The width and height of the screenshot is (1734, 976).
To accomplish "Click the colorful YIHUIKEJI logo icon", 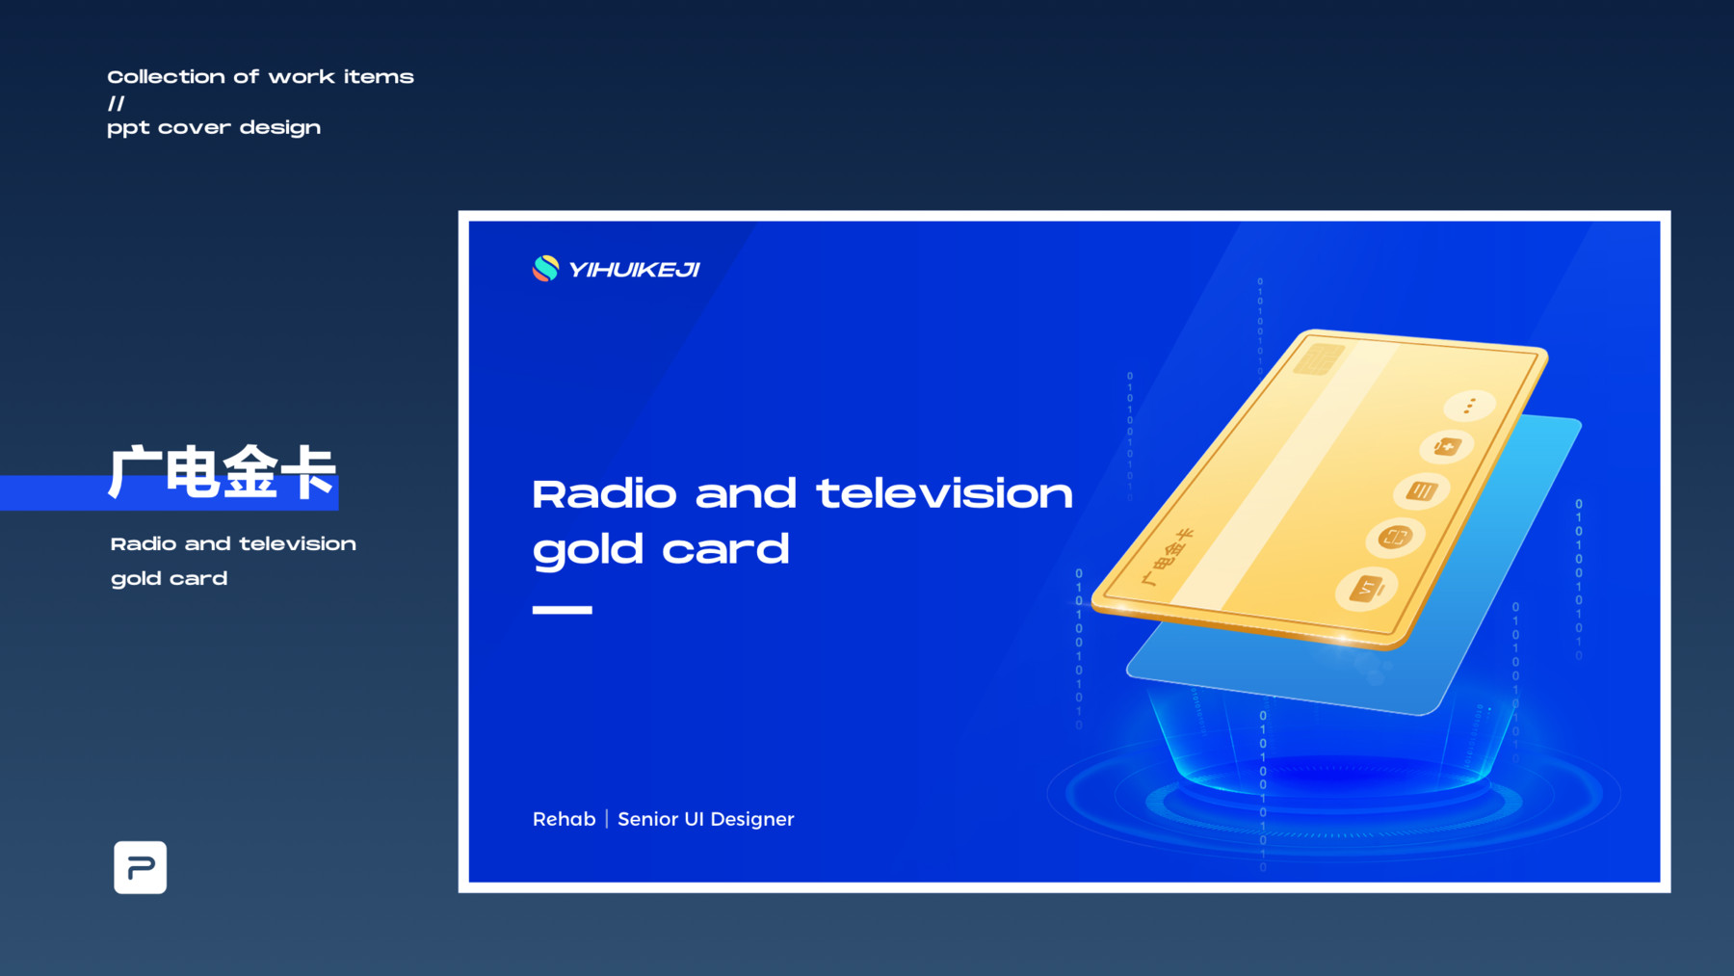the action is click(545, 269).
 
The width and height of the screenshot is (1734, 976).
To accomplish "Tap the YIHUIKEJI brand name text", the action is click(634, 270).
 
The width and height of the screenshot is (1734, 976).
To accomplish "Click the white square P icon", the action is click(141, 867).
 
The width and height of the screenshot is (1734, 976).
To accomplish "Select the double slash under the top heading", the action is click(117, 103).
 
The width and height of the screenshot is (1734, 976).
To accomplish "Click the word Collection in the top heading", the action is click(165, 77).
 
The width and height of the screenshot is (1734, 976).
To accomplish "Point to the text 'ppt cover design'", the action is click(214, 128).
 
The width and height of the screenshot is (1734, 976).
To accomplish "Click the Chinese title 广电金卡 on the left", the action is click(222, 472).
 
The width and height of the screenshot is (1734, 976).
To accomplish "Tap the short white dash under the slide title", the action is click(563, 609).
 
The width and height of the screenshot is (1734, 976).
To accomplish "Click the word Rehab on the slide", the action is click(565, 819).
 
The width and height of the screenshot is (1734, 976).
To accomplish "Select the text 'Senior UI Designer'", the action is click(706, 819).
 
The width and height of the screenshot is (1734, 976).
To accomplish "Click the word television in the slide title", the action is click(944, 494).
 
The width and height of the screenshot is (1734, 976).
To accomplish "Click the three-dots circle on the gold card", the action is click(1469, 406).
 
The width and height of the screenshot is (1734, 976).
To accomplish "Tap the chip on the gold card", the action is click(1319, 359).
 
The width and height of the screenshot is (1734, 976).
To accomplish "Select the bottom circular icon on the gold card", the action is click(1366, 588).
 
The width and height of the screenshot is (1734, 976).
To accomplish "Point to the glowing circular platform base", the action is click(1334, 795).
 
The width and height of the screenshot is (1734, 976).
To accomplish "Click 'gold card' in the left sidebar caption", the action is click(170, 579).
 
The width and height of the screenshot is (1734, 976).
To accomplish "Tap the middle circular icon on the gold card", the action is click(1421, 491).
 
